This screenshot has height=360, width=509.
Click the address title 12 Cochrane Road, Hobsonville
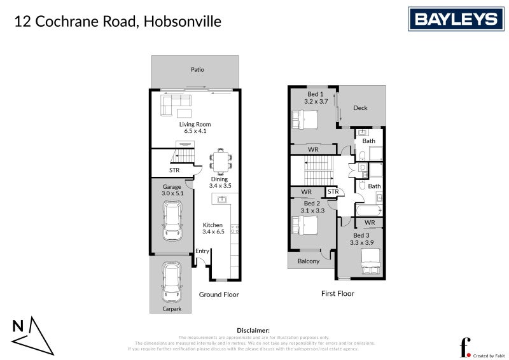pos(118,22)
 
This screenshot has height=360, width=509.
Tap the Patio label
pos(197,69)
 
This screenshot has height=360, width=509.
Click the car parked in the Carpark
pos(171,284)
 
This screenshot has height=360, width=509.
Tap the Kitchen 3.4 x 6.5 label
pos(213,229)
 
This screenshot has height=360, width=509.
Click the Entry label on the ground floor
pos(202,251)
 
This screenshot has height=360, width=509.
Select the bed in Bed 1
pos(305,119)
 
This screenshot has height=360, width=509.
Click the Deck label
pos(360,108)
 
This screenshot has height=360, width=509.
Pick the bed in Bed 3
pos(370,261)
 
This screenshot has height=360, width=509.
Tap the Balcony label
pos(309,261)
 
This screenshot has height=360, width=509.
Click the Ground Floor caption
pos(219,294)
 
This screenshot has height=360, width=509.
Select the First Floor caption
pos(337,293)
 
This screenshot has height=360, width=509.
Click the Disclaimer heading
pos(253,331)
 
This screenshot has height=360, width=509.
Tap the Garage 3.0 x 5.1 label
pos(172,190)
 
